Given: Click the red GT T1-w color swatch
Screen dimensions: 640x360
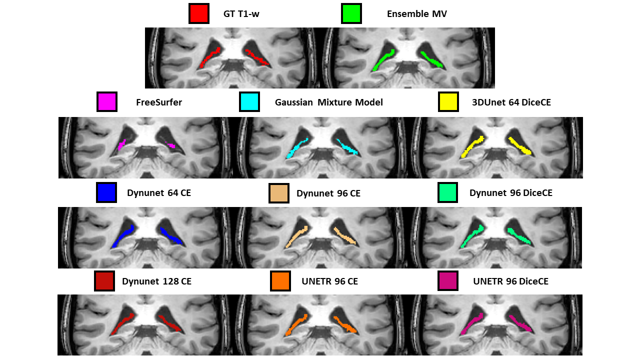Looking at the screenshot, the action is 198,13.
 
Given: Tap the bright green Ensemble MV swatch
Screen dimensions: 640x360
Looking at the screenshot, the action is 351,13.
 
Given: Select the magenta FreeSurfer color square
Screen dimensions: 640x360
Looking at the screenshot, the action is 106,102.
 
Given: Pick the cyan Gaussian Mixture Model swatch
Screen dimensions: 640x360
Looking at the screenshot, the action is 249,102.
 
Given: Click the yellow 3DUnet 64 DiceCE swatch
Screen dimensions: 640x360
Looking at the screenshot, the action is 448,102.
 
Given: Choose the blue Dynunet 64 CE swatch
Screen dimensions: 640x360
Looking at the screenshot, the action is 106,192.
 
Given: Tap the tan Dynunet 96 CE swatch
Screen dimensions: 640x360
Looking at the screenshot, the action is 278,193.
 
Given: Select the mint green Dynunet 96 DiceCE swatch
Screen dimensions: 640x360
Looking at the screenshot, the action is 447,192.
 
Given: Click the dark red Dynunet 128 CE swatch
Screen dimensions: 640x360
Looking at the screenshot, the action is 104,281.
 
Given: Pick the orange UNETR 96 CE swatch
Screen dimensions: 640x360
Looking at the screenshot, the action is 280,281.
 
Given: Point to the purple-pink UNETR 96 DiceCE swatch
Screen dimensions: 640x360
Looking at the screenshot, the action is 447,281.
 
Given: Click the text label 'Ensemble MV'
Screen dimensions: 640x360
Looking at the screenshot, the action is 416,14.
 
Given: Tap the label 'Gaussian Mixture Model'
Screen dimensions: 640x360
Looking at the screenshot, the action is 328,102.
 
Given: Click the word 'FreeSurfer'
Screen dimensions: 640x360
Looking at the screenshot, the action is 158,102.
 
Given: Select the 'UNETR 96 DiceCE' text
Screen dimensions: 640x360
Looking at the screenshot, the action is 510,281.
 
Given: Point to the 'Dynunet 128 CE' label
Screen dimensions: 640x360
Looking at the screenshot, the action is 156,281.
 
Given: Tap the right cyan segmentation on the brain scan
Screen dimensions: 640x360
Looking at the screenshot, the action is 347,146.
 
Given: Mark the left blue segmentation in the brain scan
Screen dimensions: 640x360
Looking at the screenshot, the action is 123,236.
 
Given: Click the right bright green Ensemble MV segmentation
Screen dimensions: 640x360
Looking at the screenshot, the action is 430,59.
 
